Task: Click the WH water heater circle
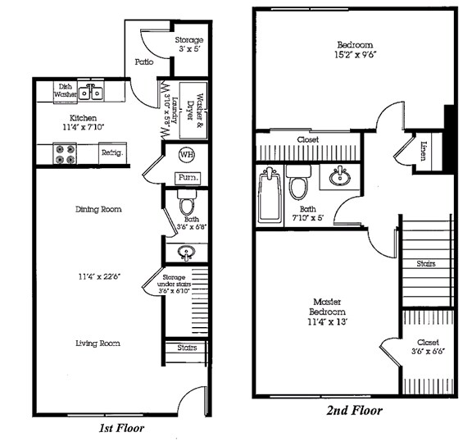(187, 155)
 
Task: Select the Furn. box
(187, 178)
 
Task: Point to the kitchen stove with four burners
(65, 152)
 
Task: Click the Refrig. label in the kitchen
(111, 152)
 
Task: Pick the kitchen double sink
(90, 92)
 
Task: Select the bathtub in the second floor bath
(270, 194)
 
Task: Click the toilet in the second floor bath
(298, 184)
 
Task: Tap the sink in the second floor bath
(338, 175)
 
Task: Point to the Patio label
(145, 61)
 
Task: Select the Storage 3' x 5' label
(189, 45)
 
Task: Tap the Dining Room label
(98, 209)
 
